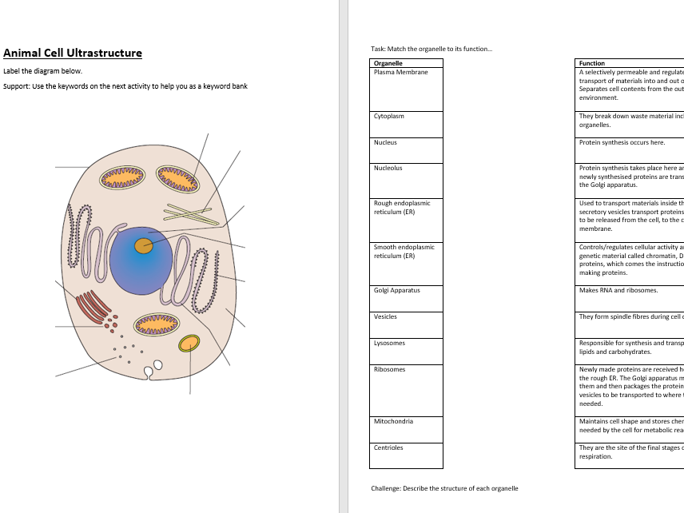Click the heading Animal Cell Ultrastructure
click(73, 54)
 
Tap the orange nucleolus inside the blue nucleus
click(143, 245)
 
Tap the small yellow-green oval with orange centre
click(189, 344)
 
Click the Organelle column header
click(388, 63)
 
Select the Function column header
click(592, 63)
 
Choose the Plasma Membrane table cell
click(406, 89)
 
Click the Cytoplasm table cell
click(406, 124)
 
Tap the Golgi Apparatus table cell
click(406, 298)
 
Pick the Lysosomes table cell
click(406, 351)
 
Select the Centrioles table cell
click(406, 455)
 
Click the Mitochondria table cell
click(406, 429)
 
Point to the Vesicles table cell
click(406, 324)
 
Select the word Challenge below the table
click(386, 488)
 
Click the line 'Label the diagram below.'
click(42, 71)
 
